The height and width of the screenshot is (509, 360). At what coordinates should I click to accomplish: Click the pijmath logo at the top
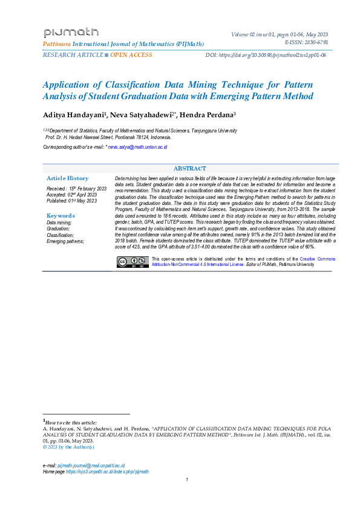pyautogui.click(x=71, y=33)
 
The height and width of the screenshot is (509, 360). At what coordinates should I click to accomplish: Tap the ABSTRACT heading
pyautogui.click(x=190, y=169)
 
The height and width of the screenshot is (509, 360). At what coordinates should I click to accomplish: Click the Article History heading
pyautogui.click(x=68, y=178)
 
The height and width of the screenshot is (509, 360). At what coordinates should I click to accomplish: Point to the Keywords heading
pyautogui.click(x=61, y=216)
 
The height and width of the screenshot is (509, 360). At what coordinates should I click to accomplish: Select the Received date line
pyautogui.click(x=76, y=189)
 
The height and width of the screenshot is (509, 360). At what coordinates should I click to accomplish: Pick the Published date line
pyautogui.click(x=71, y=201)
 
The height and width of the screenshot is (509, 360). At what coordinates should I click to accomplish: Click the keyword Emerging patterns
pyautogui.click(x=65, y=241)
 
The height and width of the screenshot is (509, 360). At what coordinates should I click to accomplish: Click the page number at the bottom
pyautogui.click(x=187, y=480)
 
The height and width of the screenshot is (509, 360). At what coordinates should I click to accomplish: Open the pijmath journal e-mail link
pyautogui.click(x=91, y=465)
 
